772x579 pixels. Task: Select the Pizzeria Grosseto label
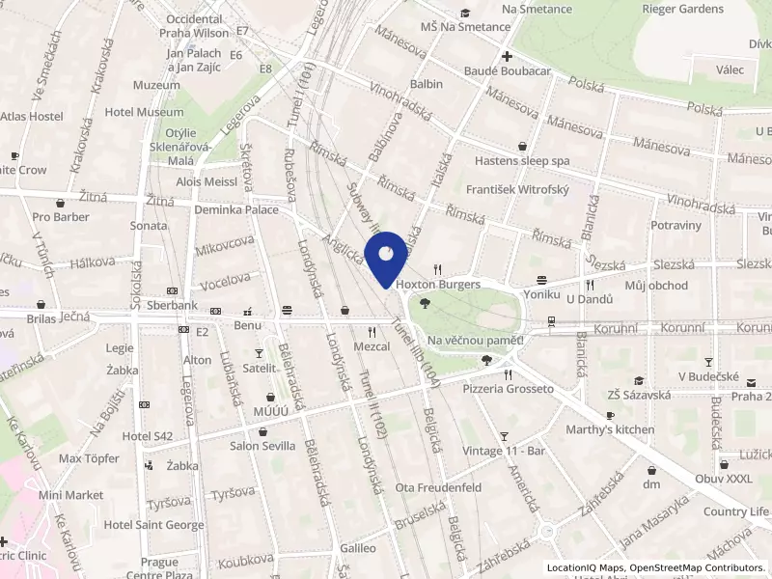[x=508, y=389]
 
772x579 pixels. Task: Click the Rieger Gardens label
[x=682, y=9]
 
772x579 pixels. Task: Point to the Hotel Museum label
[x=144, y=112]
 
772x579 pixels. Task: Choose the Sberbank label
[x=172, y=306]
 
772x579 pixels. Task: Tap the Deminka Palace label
[x=236, y=209]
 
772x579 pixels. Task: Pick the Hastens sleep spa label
[x=522, y=160]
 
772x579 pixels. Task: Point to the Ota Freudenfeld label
[x=438, y=487]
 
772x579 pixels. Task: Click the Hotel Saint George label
[x=153, y=525]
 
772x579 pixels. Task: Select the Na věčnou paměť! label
[x=476, y=340]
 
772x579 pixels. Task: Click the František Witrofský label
[x=518, y=190]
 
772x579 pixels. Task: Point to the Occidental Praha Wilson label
[x=198, y=25]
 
